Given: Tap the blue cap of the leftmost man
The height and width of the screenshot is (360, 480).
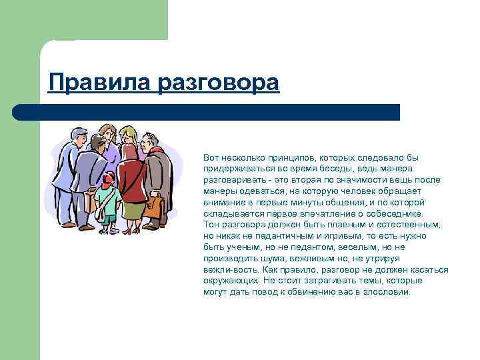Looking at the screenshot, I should (x=79, y=131).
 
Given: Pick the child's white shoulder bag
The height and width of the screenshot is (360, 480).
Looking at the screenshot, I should (x=101, y=213).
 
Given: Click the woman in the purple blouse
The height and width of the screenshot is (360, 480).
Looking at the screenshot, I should (x=109, y=157).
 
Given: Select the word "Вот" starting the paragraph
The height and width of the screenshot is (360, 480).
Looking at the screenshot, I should (x=210, y=158).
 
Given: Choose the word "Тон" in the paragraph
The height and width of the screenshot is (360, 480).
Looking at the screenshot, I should (x=211, y=225).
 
